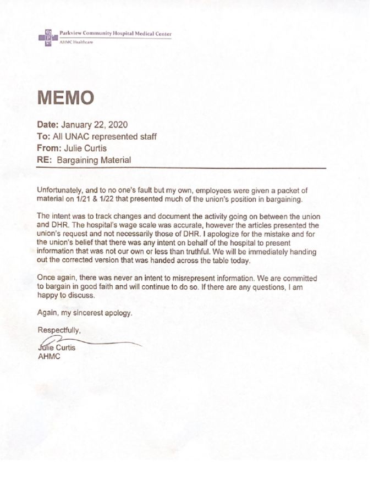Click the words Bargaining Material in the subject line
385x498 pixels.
[94, 159]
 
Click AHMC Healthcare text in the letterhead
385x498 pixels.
[76, 42]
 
